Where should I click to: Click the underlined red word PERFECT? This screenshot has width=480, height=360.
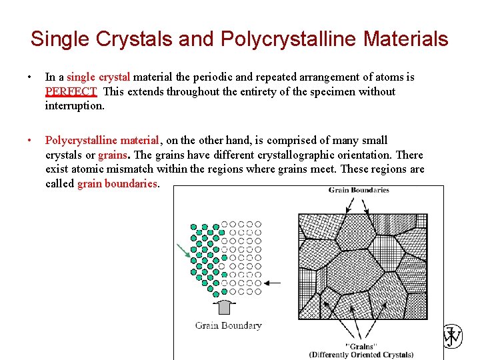click(71, 91)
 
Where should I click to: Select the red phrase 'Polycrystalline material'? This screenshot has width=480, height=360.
click(102, 140)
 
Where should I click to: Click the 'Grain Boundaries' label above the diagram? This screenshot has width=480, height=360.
click(359, 191)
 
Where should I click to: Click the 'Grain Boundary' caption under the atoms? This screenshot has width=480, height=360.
click(228, 325)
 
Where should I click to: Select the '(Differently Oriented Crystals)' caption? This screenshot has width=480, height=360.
click(361, 354)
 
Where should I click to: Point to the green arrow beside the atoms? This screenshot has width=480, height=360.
click(183, 252)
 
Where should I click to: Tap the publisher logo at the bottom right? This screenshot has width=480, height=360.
click(453, 337)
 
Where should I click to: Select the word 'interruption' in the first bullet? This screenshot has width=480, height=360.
click(75, 105)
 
